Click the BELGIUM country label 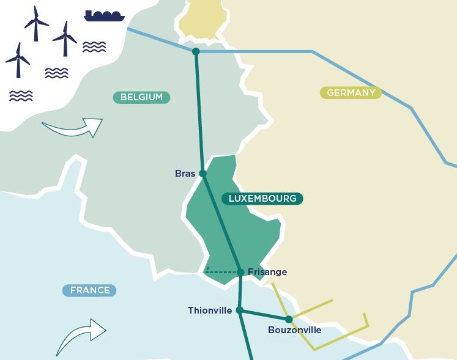(141, 97)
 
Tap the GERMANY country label (351, 93)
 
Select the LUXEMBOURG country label (262, 198)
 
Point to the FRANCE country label (90, 290)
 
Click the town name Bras (185, 174)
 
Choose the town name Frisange (267, 272)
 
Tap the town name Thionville (210, 310)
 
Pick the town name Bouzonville (294, 330)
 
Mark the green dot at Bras (203, 174)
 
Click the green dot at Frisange (241, 272)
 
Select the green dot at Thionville (240, 310)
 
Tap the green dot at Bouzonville (288, 319)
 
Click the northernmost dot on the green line (196, 51)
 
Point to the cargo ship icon (105, 15)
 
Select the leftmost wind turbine (18, 59)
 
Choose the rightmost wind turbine (65, 38)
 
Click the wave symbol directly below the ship (94, 46)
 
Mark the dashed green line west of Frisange (223, 271)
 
